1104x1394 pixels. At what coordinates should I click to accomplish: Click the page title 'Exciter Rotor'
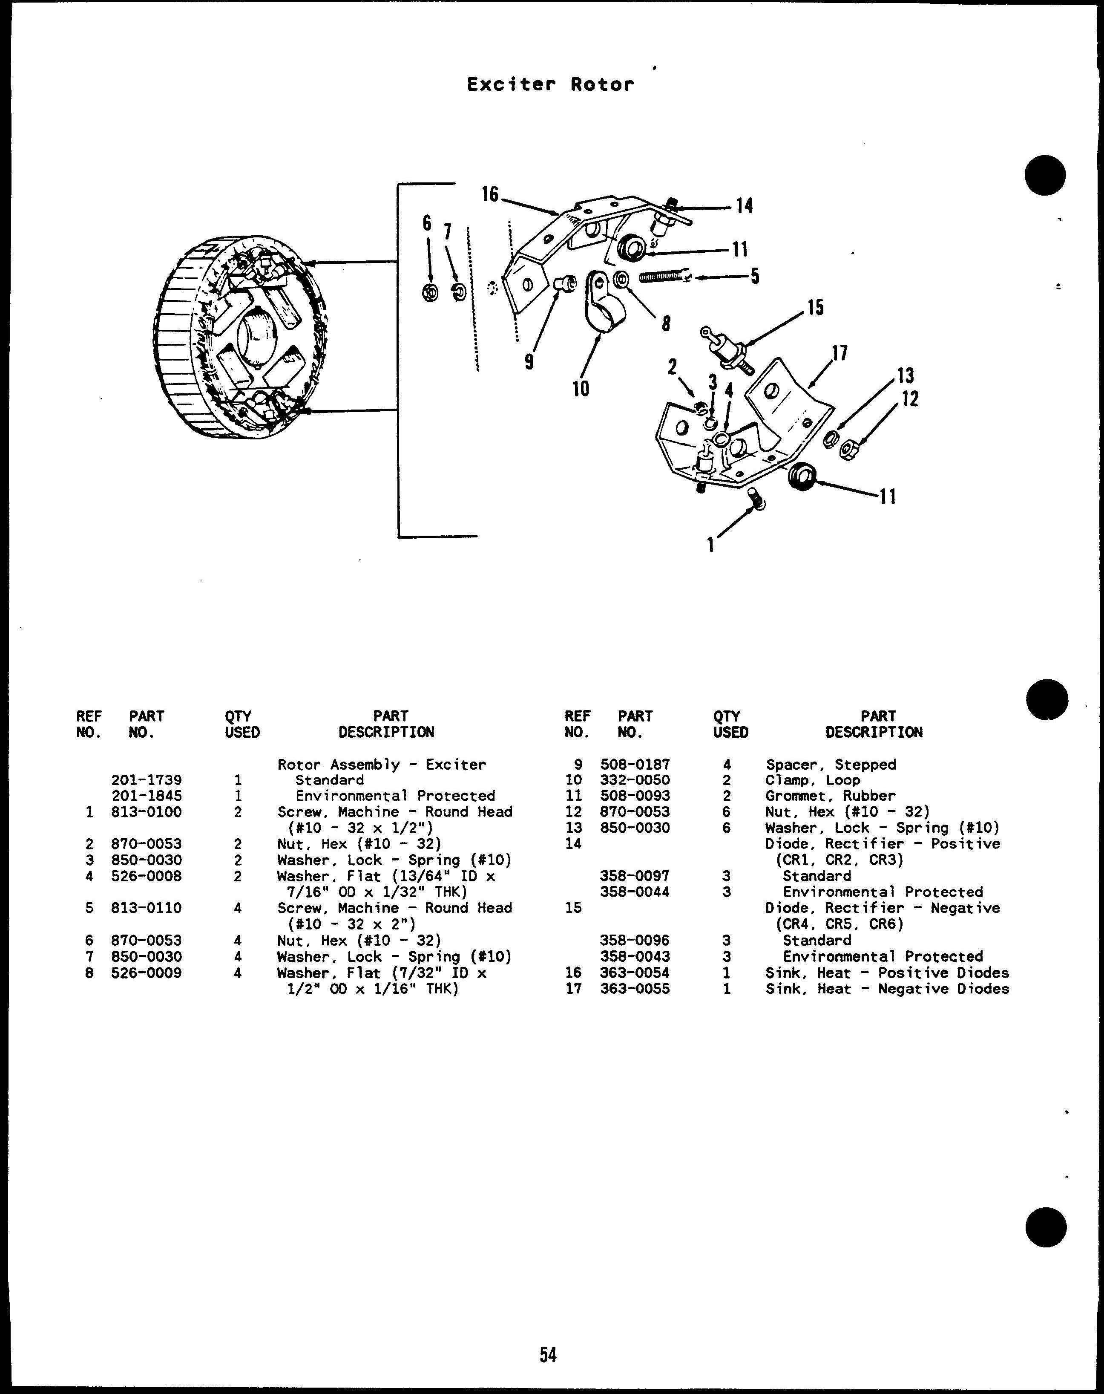550,84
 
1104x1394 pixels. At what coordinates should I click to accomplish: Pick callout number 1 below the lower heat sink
710,545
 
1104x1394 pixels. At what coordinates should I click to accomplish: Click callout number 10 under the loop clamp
581,389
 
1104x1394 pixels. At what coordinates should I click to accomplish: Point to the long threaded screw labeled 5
664,277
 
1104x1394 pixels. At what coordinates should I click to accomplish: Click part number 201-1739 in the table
147,780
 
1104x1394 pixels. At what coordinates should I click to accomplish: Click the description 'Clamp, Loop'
813,780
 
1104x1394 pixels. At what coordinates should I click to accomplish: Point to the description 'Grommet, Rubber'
830,796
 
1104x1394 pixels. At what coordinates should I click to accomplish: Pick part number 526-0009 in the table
147,973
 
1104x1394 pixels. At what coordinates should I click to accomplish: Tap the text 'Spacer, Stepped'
831,764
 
